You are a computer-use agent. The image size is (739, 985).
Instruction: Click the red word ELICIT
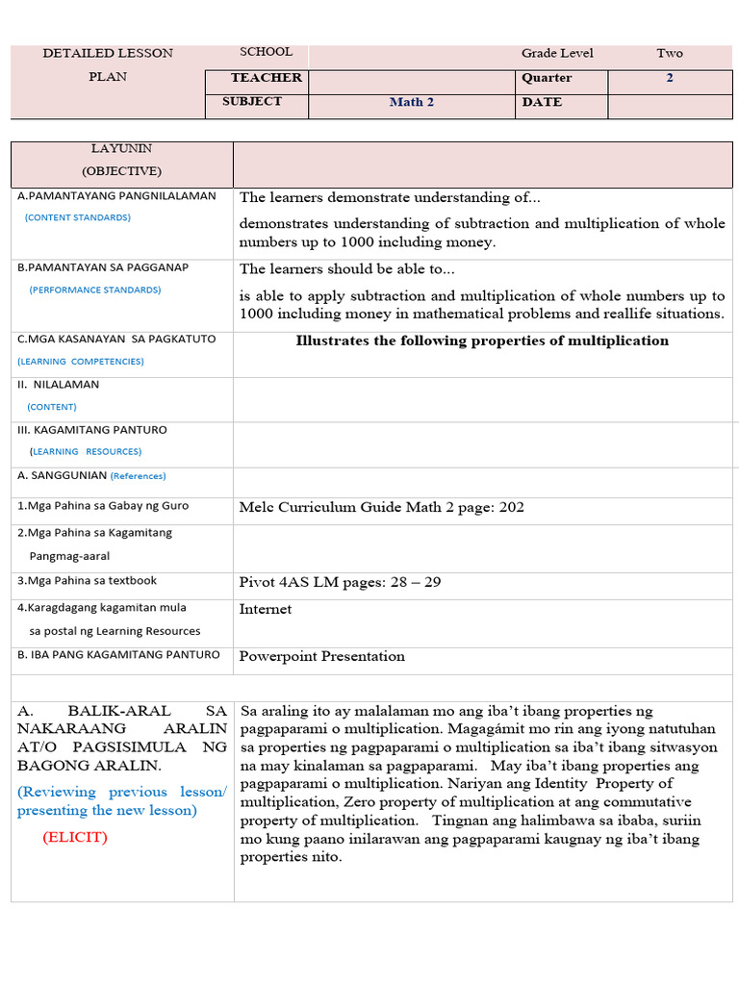(75, 837)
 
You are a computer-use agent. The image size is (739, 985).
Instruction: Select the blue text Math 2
(411, 102)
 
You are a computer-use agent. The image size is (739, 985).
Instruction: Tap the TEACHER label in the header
(266, 78)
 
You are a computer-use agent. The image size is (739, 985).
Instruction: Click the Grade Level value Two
(670, 54)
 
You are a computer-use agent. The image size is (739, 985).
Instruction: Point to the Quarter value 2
(670, 78)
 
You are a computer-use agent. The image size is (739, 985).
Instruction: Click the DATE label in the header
(542, 102)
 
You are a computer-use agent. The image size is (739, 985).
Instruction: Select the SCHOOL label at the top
(266, 52)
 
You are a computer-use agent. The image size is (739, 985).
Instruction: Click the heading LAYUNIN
(121, 149)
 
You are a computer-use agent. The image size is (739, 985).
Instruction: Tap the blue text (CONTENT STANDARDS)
(78, 217)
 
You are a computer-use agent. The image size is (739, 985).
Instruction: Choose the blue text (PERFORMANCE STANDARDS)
(95, 290)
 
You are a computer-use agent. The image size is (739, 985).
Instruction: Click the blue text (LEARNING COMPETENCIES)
(81, 362)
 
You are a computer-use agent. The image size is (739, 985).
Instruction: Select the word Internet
(265, 609)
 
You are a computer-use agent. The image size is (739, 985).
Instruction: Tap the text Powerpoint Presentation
(321, 656)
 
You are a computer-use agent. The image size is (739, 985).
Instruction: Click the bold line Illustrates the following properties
(481, 341)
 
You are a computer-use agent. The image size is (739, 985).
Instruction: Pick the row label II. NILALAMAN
(59, 385)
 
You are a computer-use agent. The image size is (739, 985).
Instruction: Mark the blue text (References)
(138, 476)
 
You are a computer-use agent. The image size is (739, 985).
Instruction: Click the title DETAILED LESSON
(108, 54)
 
